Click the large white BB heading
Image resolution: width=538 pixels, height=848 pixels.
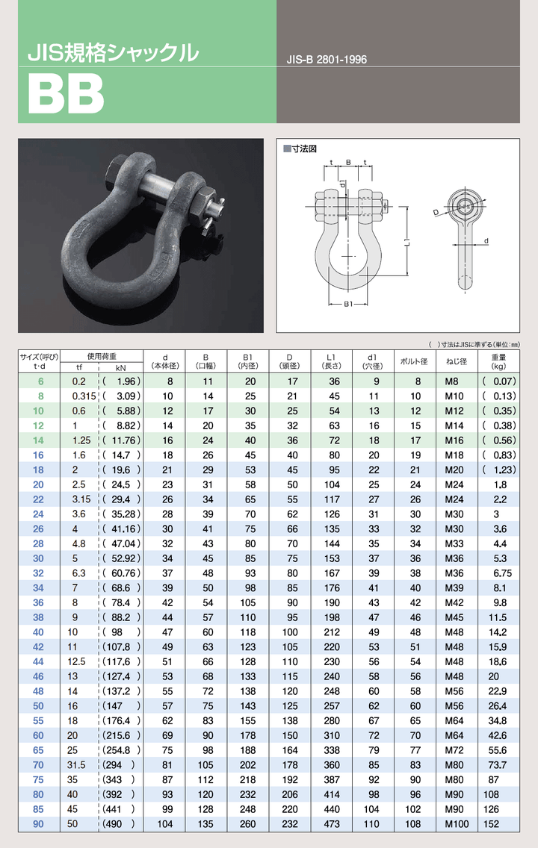66,93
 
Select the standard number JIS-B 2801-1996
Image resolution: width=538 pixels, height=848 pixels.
327,60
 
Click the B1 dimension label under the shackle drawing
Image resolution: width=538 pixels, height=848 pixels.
348,304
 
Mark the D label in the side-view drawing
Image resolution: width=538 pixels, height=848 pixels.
436,213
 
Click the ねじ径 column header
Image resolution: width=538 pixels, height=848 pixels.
456,361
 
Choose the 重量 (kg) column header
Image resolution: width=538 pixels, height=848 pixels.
498,361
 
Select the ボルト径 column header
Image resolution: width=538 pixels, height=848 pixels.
414,361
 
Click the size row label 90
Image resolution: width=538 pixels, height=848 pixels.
38,823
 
